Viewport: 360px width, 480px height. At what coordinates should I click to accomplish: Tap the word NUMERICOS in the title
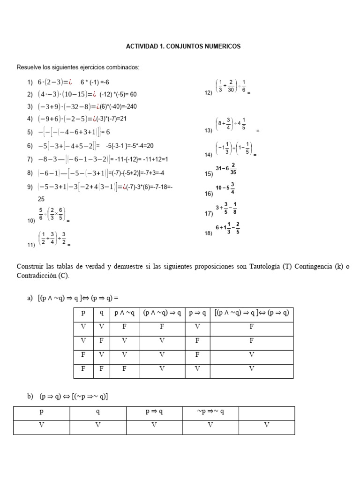click(221, 46)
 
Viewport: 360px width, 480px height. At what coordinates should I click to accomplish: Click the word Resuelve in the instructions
click(30, 67)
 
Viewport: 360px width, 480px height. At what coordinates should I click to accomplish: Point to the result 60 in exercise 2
click(133, 94)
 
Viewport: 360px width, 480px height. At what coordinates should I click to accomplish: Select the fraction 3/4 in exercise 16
click(232, 188)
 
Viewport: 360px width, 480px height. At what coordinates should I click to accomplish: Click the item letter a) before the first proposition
click(30, 298)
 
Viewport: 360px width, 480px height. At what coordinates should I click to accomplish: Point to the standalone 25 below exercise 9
click(41, 199)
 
